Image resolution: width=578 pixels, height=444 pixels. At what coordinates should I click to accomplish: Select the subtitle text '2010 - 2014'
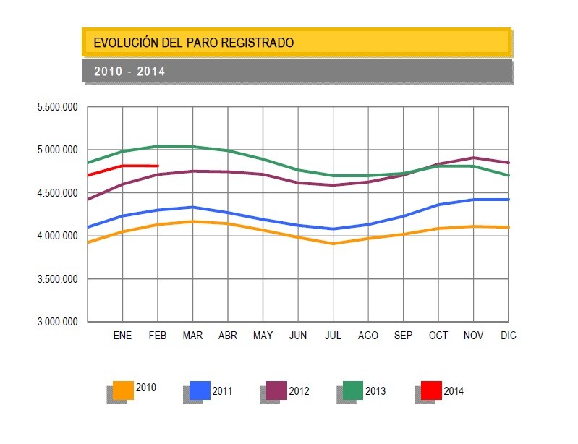tap(129, 72)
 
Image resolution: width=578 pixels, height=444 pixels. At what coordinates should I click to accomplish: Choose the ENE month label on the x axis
tap(123, 336)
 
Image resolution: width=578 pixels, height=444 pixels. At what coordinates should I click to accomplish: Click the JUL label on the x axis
tap(333, 336)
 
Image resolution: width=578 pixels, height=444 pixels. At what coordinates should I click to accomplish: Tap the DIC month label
tap(509, 336)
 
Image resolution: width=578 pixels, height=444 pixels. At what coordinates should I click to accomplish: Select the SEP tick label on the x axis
tap(403, 336)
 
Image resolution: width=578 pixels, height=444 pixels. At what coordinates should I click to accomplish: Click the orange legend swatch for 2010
tap(123, 390)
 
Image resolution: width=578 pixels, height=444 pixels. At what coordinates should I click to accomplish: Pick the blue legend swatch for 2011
tap(200, 390)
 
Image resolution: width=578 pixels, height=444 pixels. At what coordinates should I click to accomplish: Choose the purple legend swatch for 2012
tap(276, 390)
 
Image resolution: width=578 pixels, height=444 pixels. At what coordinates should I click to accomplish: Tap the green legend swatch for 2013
tap(353, 390)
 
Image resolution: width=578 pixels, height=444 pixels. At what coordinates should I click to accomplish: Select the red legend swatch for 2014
tap(431, 390)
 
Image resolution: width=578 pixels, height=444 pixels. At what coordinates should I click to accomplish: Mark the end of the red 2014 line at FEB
tap(158, 166)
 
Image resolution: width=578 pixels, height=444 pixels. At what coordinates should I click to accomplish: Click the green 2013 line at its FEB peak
tap(158, 146)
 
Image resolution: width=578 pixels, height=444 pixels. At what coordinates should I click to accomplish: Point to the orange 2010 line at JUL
tap(333, 244)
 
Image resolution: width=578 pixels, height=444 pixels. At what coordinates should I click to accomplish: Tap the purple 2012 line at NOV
tap(473, 158)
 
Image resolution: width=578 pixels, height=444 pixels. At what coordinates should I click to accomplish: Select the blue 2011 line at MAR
tap(192, 208)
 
